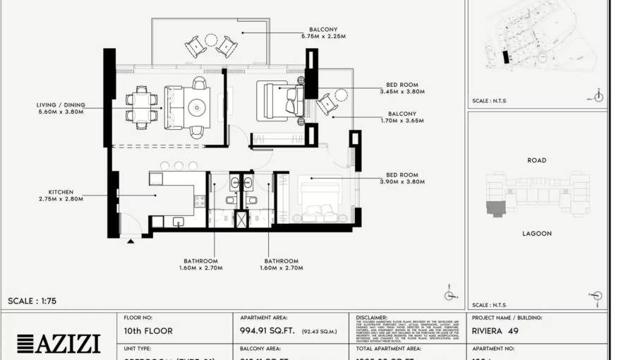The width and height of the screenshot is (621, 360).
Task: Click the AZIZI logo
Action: (x=58, y=344)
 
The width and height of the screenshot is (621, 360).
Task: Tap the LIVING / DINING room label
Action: (x=60, y=104)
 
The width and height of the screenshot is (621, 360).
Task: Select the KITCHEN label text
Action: (x=61, y=192)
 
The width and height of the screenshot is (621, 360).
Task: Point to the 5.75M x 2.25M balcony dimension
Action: (x=322, y=36)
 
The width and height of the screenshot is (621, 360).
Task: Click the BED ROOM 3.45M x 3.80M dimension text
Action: (x=402, y=92)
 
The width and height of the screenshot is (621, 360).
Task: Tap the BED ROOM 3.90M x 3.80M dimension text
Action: (x=402, y=182)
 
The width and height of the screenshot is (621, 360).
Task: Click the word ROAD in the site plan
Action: (x=536, y=160)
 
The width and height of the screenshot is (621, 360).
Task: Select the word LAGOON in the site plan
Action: (x=536, y=233)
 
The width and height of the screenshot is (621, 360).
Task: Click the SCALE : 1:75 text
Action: (x=32, y=301)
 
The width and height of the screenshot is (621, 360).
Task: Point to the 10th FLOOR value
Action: (x=148, y=330)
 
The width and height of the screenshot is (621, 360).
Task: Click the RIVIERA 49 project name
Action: (x=495, y=330)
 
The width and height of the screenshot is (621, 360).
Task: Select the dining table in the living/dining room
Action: (x=142, y=107)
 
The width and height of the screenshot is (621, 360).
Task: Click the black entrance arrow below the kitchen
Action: (x=131, y=241)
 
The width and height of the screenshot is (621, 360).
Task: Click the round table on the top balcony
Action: (x=211, y=40)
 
